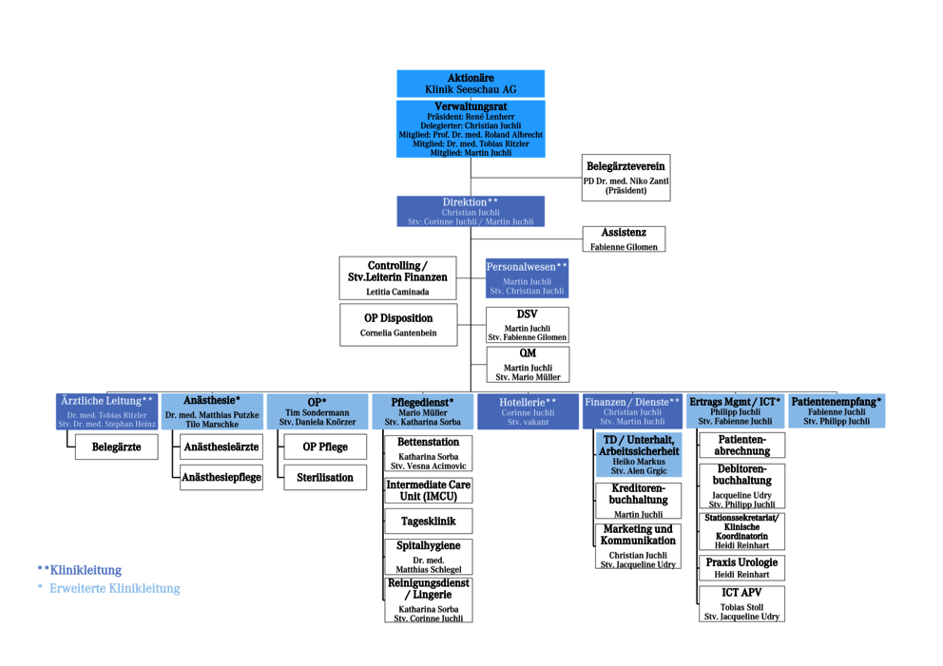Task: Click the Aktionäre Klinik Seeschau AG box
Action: (x=471, y=84)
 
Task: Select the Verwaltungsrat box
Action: (x=471, y=129)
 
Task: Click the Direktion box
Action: (x=471, y=212)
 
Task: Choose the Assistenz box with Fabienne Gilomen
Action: (x=624, y=239)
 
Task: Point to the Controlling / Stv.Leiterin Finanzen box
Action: (x=397, y=277)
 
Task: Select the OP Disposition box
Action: (x=398, y=325)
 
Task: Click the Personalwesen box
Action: (x=527, y=278)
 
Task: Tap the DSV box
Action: (x=527, y=325)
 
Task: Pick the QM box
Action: (x=527, y=365)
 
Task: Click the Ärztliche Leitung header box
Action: (x=106, y=412)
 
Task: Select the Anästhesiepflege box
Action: (x=221, y=478)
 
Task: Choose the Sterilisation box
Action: (x=325, y=478)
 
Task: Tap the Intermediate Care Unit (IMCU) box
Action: (x=428, y=491)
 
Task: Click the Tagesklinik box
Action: (x=428, y=522)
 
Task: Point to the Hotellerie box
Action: (x=528, y=412)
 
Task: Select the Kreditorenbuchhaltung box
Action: (x=638, y=501)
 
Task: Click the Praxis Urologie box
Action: (x=741, y=568)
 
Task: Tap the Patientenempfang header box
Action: (x=837, y=412)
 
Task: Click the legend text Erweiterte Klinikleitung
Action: (x=115, y=588)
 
